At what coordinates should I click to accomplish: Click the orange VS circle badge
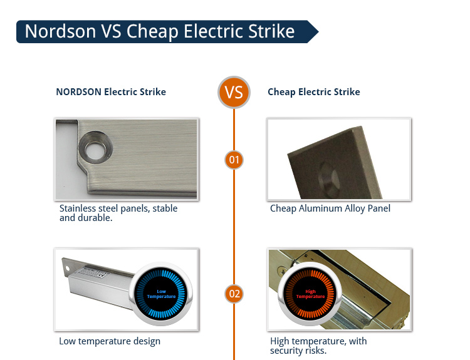(x=234, y=92)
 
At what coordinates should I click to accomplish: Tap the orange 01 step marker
(x=234, y=160)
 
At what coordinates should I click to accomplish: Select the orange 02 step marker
(x=234, y=294)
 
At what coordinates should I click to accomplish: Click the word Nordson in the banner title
(x=60, y=31)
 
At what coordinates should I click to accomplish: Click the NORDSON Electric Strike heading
(x=111, y=91)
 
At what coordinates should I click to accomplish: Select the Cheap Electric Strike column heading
(x=314, y=91)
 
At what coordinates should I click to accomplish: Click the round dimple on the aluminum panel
(x=328, y=180)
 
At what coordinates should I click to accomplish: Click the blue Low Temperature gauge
(x=161, y=294)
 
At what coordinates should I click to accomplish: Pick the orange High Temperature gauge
(x=310, y=294)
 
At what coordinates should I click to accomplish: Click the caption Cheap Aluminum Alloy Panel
(x=330, y=208)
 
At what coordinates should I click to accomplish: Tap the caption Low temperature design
(x=110, y=341)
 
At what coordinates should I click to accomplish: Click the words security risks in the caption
(x=298, y=351)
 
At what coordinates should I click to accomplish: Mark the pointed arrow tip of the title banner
(x=318, y=31)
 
